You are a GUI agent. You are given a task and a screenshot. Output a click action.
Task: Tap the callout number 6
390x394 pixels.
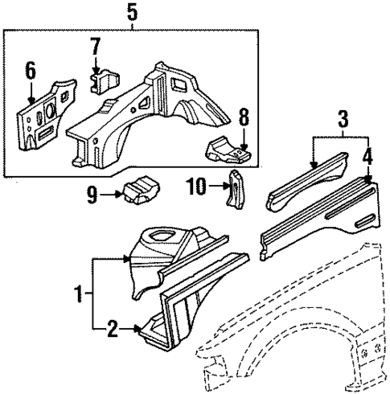(31, 71)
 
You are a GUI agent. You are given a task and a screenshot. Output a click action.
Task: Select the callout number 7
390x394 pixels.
(96, 45)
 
